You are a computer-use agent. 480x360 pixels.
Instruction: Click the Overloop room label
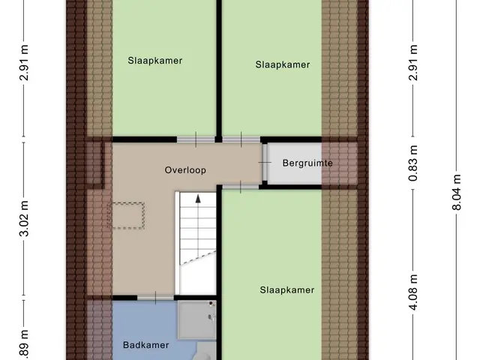(185, 170)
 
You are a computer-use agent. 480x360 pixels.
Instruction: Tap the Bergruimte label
(307, 163)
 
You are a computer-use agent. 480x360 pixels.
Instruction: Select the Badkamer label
(146, 345)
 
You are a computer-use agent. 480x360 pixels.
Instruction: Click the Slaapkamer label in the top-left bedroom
(155, 61)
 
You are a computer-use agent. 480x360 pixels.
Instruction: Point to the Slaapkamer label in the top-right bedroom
(283, 64)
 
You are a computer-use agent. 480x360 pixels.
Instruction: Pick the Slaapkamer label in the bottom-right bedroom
(286, 290)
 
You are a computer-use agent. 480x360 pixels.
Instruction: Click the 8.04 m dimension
(456, 192)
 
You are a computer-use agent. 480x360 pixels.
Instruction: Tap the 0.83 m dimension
(413, 163)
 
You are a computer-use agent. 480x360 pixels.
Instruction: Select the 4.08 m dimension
(413, 292)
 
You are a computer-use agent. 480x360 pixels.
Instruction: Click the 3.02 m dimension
(24, 218)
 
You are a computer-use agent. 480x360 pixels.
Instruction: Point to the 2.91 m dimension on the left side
(24, 62)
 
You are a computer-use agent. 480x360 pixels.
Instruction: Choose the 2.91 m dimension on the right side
(413, 62)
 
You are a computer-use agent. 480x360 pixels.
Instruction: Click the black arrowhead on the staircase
(198, 199)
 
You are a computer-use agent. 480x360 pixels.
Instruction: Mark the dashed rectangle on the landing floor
(127, 215)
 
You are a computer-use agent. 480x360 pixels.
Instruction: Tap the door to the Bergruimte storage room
(265, 162)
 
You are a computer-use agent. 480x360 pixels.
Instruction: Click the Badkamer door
(155, 298)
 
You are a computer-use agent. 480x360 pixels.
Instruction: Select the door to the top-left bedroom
(196, 139)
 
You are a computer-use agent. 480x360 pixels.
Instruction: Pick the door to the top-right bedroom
(241, 139)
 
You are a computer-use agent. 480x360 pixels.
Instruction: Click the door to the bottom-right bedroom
(241, 187)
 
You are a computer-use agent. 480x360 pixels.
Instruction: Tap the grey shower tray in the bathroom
(197, 320)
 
